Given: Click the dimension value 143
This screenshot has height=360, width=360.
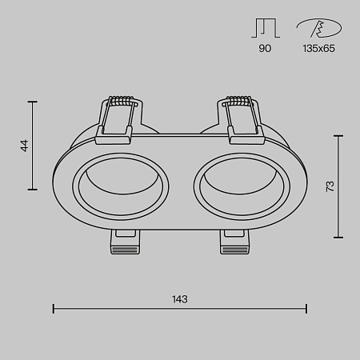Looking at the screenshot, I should pyautogui.click(x=180, y=299).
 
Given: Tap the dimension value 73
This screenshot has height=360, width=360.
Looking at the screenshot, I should pyautogui.click(x=329, y=186).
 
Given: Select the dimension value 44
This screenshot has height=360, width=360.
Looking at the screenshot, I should pyautogui.click(x=25, y=146).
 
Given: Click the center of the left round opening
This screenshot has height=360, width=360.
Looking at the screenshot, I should pyautogui.click(x=120, y=189).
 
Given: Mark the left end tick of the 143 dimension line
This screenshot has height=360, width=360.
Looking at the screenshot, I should pyautogui.click(x=53, y=308).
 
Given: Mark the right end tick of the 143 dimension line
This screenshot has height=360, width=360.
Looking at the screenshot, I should pyautogui.click(x=307, y=308).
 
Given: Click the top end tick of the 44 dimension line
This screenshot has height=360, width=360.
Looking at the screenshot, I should pyautogui.click(x=33, y=102).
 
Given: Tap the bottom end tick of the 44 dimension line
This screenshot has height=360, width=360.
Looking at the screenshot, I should pyautogui.click(x=33, y=190).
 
